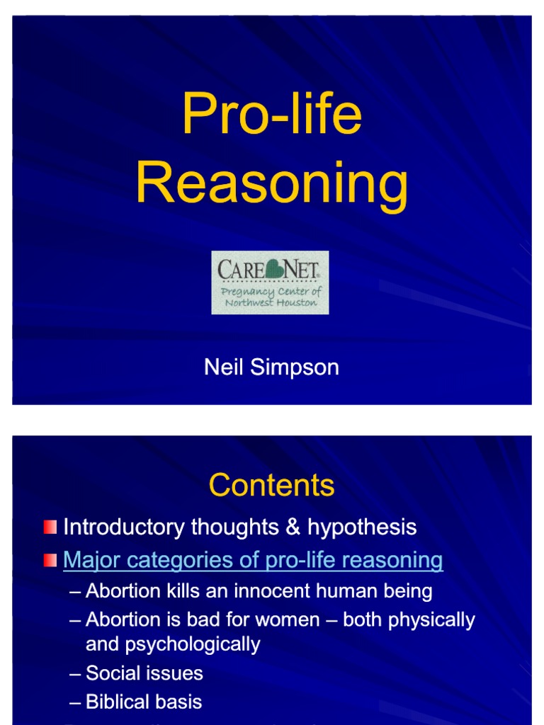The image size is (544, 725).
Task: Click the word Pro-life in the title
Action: click(271, 115)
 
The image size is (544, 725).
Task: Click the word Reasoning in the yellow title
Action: click(271, 183)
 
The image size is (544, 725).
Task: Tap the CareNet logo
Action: click(270, 282)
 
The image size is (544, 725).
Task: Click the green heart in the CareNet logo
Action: click(270, 269)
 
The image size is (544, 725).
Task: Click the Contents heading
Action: click(271, 486)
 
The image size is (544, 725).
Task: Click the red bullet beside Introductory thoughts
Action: click(50, 527)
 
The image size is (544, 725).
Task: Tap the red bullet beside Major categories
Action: click(50, 561)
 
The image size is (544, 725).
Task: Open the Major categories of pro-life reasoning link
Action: click(253, 561)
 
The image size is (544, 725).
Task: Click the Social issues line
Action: click(144, 673)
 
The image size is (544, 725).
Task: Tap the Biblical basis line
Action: click(144, 702)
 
